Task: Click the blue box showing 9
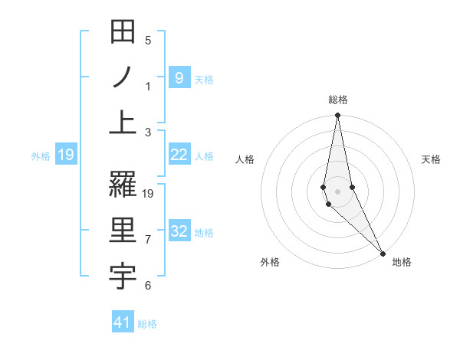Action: (x=179, y=77)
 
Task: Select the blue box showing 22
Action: (x=179, y=155)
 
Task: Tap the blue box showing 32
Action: (x=179, y=231)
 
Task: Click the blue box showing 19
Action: (x=65, y=155)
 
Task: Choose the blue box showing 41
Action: (x=123, y=322)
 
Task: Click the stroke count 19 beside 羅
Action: (x=149, y=194)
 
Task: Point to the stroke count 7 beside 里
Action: (x=148, y=240)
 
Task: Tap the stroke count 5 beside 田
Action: (x=148, y=41)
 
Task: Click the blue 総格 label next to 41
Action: (x=147, y=324)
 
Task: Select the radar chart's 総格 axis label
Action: (x=338, y=100)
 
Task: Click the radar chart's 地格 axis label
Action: (x=402, y=262)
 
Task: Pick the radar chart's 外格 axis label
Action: (x=270, y=262)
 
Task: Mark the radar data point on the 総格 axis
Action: (x=337, y=116)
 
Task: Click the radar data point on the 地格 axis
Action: (x=383, y=253)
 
